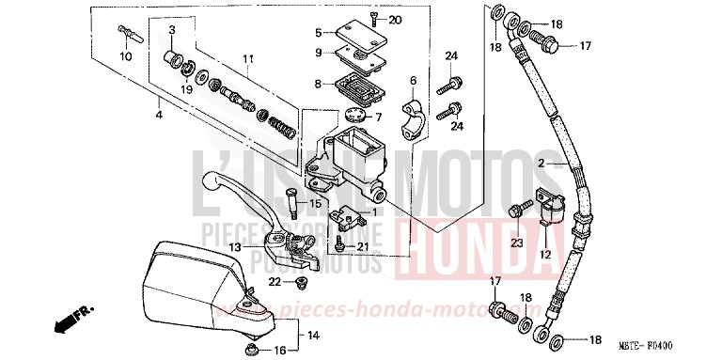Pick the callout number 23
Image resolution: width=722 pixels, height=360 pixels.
[515, 243]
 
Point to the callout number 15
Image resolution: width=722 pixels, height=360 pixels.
[316, 204]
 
